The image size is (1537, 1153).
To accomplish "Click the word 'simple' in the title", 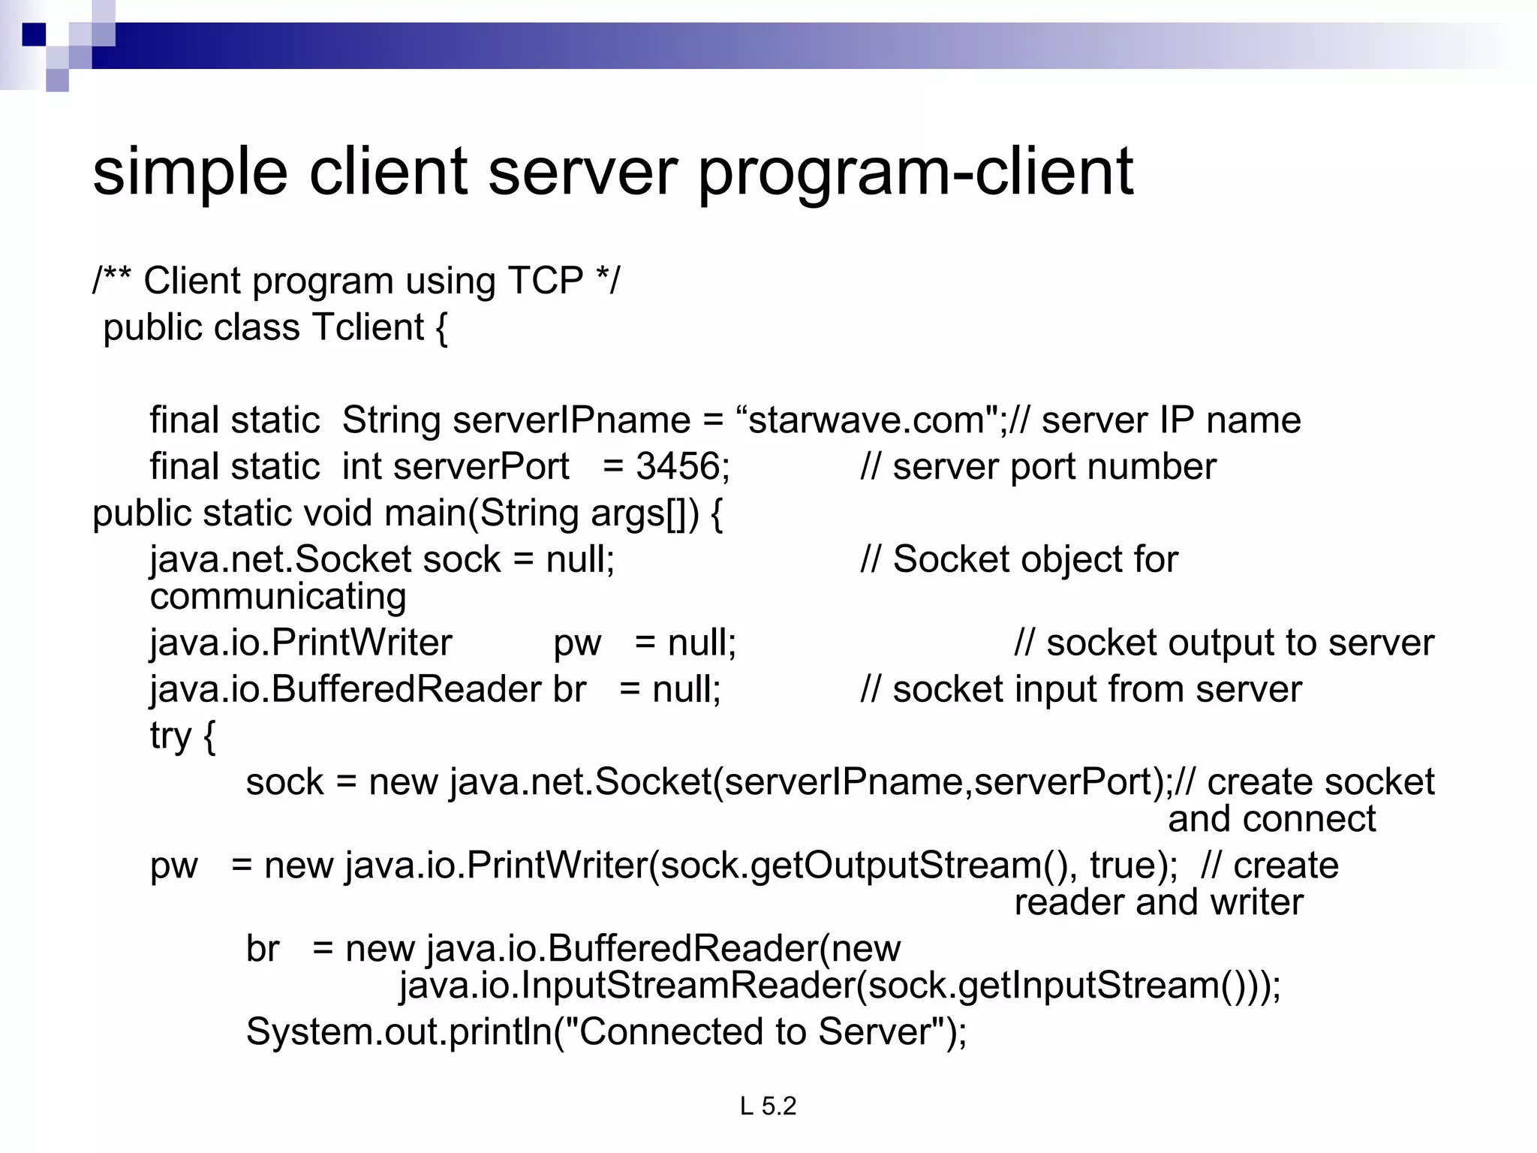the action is (190, 173).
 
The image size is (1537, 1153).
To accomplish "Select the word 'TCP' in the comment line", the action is (546, 281).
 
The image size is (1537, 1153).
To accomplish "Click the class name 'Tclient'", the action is (368, 328).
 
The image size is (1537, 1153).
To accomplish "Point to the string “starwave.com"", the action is (871, 420).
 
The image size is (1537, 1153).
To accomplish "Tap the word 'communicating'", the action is (278, 597).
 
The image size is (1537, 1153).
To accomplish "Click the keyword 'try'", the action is (170, 736).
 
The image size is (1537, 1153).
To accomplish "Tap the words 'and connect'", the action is (1271, 819).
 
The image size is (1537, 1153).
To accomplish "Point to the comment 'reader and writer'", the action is (1158, 902).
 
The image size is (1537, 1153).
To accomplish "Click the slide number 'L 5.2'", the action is (768, 1106).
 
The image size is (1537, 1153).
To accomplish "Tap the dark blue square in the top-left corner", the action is (34, 35).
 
